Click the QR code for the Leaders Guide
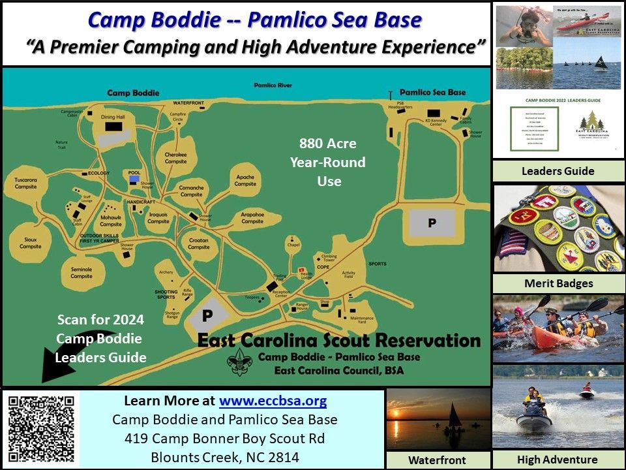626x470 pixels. click(x=41, y=427)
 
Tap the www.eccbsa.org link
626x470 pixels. click(x=273, y=401)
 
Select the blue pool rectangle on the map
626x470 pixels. click(x=134, y=178)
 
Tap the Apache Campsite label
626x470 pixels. click(x=245, y=180)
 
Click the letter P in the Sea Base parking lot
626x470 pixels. click(x=432, y=223)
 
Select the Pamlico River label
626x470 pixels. click(x=273, y=86)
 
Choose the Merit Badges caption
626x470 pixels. click(x=558, y=283)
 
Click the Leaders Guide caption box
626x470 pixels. click(x=558, y=171)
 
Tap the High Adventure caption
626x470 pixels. click(x=557, y=460)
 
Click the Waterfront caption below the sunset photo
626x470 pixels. click(x=437, y=460)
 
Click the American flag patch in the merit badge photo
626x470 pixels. click(x=513, y=242)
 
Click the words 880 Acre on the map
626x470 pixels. click(x=328, y=143)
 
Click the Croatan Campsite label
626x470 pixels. click(x=199, y=243)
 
